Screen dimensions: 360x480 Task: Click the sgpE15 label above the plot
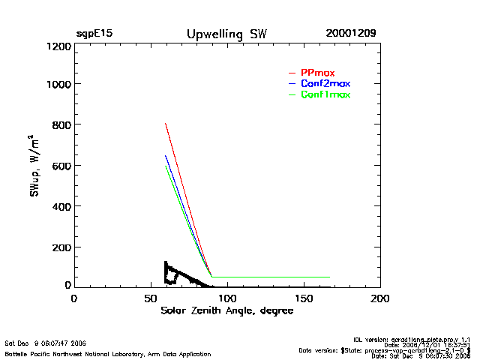tap(94, 34)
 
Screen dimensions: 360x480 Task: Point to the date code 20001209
tap(351, 34)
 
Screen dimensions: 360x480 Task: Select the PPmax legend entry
tap(317, 73)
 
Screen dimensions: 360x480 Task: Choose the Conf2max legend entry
tap(325, 83)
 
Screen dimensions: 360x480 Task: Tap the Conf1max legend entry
tap(325, 94)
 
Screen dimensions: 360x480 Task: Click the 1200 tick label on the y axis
tap(58, 46)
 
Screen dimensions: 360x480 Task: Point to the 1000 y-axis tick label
tap(58, 84)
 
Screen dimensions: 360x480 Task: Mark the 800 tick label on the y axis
tap(61, 124)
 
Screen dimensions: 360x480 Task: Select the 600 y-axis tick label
tap(61, 166)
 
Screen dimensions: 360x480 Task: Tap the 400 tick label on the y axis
tap(61, 206)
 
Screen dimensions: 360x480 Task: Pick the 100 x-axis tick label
tap(227, 298)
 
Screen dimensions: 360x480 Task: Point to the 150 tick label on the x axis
tap(304, 298)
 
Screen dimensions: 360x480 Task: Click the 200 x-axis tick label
tap(380, 298)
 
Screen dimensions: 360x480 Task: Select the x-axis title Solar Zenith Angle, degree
tap(226, 310)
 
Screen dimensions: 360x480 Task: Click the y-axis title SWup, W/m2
tap(34, 166)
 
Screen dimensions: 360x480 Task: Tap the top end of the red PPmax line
tap(166, 124)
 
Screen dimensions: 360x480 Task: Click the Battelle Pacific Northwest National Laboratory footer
tap(108, 353)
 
